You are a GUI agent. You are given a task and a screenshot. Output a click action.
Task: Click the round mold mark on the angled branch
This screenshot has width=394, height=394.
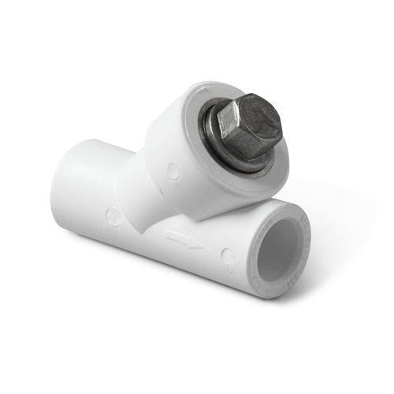click(x=172, y=169)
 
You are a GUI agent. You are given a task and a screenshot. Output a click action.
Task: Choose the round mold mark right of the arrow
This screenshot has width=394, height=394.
click(x=227, y=256)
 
